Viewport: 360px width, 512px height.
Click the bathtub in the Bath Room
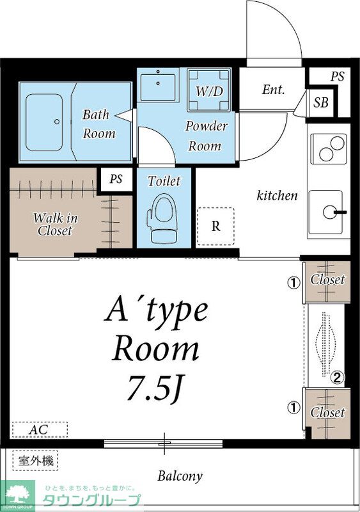tap(44, 122)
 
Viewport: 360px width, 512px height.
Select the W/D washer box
tap(209, 90)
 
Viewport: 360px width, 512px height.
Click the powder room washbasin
tap(158, 88)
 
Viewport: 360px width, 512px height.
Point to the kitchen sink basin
tap(325, 212)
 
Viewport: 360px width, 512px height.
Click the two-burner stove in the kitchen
tap(328, 149)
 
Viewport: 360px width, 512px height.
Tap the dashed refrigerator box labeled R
tap(215, 227)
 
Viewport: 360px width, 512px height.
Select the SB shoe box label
tap(321, 102)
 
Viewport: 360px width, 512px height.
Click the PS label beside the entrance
tap(337, 76)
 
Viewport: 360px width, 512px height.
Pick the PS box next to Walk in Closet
tap(116, 179)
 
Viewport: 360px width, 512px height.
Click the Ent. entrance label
tap(273, 90)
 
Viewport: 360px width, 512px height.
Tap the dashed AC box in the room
tap(40, 429)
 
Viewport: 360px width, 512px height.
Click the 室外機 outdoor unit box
tap(35, 461)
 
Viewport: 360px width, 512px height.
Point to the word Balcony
tap(180, 476)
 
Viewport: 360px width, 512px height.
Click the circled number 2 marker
tap(337, 378)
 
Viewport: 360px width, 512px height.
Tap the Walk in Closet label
tap(55, 225)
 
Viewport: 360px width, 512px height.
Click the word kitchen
tap(277, 196)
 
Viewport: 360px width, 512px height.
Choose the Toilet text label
tap(164, 181)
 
